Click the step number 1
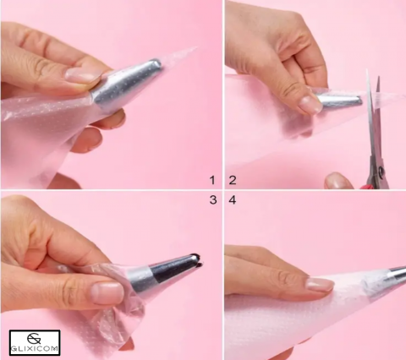212,180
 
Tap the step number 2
233,180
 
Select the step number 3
213,199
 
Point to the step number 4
233,200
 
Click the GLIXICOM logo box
35,342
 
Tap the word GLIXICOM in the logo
35,349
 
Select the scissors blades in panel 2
373,118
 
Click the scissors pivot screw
381,170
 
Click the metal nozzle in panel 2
340,101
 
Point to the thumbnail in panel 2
310,104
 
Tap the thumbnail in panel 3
108,293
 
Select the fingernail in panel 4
320,284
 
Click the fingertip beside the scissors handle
337,181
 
